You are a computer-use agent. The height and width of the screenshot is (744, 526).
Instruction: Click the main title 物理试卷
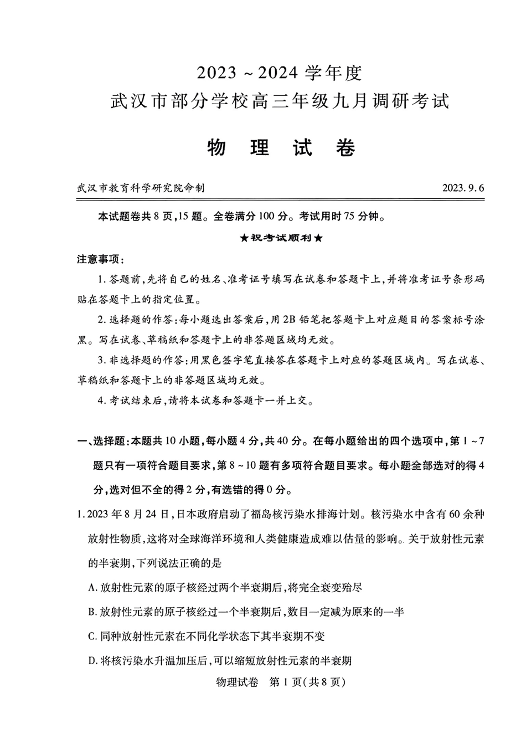click(x=281, y=148)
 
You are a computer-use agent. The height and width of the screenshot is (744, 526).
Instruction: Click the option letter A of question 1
click(x=91, y=587)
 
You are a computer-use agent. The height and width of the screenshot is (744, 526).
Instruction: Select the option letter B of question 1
click(x=91, y=612)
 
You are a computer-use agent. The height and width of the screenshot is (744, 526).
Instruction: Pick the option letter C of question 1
click(x=91, y=636)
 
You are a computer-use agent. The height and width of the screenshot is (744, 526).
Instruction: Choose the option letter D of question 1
click(x=91, y=660)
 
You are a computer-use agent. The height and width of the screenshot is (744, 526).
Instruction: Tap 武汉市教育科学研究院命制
click(x=141, y=188)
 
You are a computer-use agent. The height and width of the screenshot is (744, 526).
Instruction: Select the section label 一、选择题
click(x=101, y=441)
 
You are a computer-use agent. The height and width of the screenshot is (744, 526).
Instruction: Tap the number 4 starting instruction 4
click(x=101, y=401)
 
